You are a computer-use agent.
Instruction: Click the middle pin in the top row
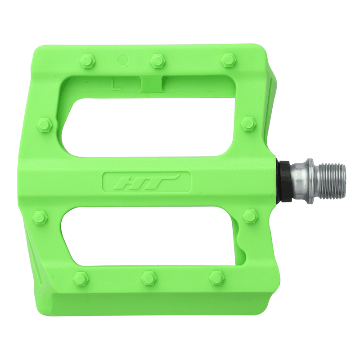157,61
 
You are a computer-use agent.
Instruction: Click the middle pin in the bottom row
148,278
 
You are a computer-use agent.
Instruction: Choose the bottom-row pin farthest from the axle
81,279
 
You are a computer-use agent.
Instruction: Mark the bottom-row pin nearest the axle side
217,277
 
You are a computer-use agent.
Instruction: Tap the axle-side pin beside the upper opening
248,124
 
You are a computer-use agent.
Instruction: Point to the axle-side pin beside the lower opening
250,216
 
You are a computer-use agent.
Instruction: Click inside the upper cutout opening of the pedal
148,126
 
